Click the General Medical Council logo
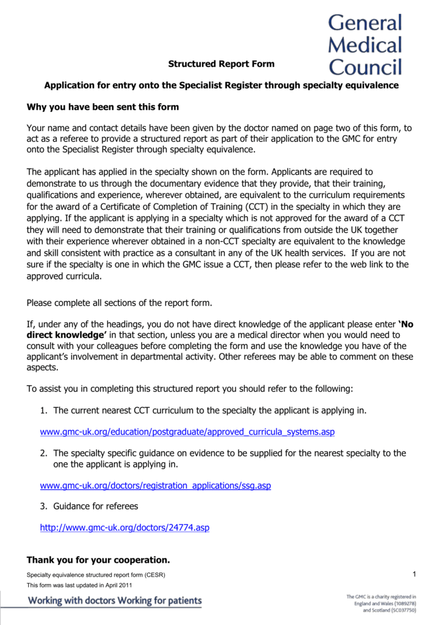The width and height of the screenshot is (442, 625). [x=365, y=45]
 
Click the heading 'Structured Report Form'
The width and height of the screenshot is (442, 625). [x=221, y=63]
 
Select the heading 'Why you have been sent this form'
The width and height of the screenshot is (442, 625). [x=103, y=107]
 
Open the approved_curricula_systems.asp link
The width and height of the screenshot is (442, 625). [x=187, y=432]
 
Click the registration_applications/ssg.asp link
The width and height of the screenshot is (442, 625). [x=155, y=486]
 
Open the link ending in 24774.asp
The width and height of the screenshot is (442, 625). [x=124, y=527]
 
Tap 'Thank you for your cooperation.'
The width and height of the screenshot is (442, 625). [x=98, y=560]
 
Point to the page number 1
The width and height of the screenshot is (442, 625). [x=413, y=573]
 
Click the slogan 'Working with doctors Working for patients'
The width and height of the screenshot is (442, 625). [x=115, y=601]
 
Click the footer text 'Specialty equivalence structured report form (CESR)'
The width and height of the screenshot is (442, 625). [x=96, y=575]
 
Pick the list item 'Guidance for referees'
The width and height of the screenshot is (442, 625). [x=96, y=506]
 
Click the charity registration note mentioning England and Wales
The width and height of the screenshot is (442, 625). [x=381, y=603]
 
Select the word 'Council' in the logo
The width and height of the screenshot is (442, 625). [x=365, y=67]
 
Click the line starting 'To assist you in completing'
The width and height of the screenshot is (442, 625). [x=190, y=389]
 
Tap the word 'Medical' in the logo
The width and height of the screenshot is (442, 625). [x=365, y=45]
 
